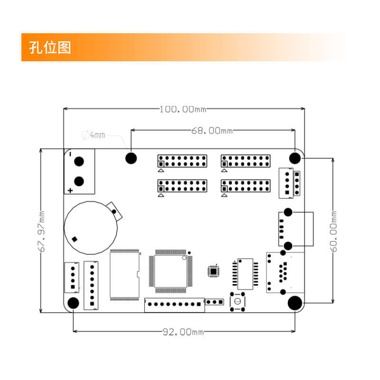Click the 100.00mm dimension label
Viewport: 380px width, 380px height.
tap(183, 109)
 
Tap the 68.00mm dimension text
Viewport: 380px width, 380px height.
tap(212, 130)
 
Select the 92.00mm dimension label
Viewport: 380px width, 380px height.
tap(183, 332)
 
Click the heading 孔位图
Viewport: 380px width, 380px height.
tap(50, 47)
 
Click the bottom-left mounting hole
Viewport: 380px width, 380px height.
tap(74, 303)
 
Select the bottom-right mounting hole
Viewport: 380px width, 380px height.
tap(295, 303)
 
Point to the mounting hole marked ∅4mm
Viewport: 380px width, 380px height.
tap(131, 158)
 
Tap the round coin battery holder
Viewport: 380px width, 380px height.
tap(91, 228)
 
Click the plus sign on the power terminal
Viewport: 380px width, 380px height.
tap(70, 190)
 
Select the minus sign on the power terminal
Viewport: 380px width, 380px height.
tap(70, 154)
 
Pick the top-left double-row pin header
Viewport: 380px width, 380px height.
tap(182, 161)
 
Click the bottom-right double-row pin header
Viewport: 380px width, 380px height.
tap(246, 186)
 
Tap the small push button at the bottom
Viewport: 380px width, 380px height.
tap(237, 302)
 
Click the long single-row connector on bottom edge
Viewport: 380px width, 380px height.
tap(174, 304)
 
